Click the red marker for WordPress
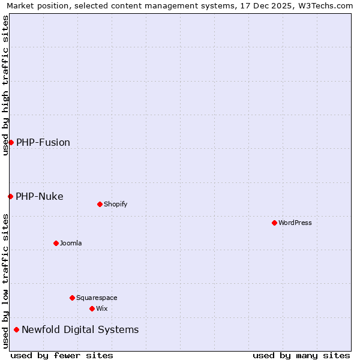(274, 223)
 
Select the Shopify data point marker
(100, 204)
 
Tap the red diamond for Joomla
(56, 243)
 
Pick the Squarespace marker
(72, 298)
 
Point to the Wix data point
(92, 308)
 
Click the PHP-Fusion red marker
(11, 142)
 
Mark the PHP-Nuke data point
(10, 196)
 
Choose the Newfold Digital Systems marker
(16, 329)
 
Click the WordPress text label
(295, 223)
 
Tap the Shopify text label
(116, 204)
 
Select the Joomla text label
(71, 243)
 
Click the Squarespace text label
(97, 298)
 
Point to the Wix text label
(102, 308)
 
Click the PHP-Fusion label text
(43, 142)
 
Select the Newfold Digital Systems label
(80, 329)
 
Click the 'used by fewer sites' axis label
(62, 355)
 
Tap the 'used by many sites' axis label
(301, 355)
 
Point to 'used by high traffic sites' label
(5, 85)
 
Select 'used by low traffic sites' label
(5, 281)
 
